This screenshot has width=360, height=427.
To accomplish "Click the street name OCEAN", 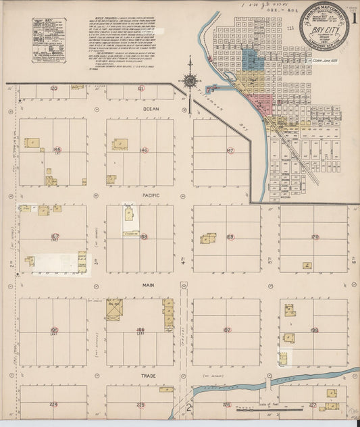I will [150, 107].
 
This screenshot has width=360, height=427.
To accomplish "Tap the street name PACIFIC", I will [150, 195].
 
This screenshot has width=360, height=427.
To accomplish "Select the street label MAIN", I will [149, 285].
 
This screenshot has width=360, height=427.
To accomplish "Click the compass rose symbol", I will [190, 81].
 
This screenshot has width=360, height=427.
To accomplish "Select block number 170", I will [314, 237].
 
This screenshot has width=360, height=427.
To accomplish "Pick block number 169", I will [230, 237].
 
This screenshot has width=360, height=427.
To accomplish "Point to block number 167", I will [55, 237].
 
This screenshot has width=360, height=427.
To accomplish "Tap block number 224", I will [54, 405].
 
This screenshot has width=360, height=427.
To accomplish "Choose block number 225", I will [140, 405].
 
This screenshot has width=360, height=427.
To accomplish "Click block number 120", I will [54, 89].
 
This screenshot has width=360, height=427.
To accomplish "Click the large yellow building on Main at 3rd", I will [113, 309].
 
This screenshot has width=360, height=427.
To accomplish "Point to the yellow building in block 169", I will [208, 238].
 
